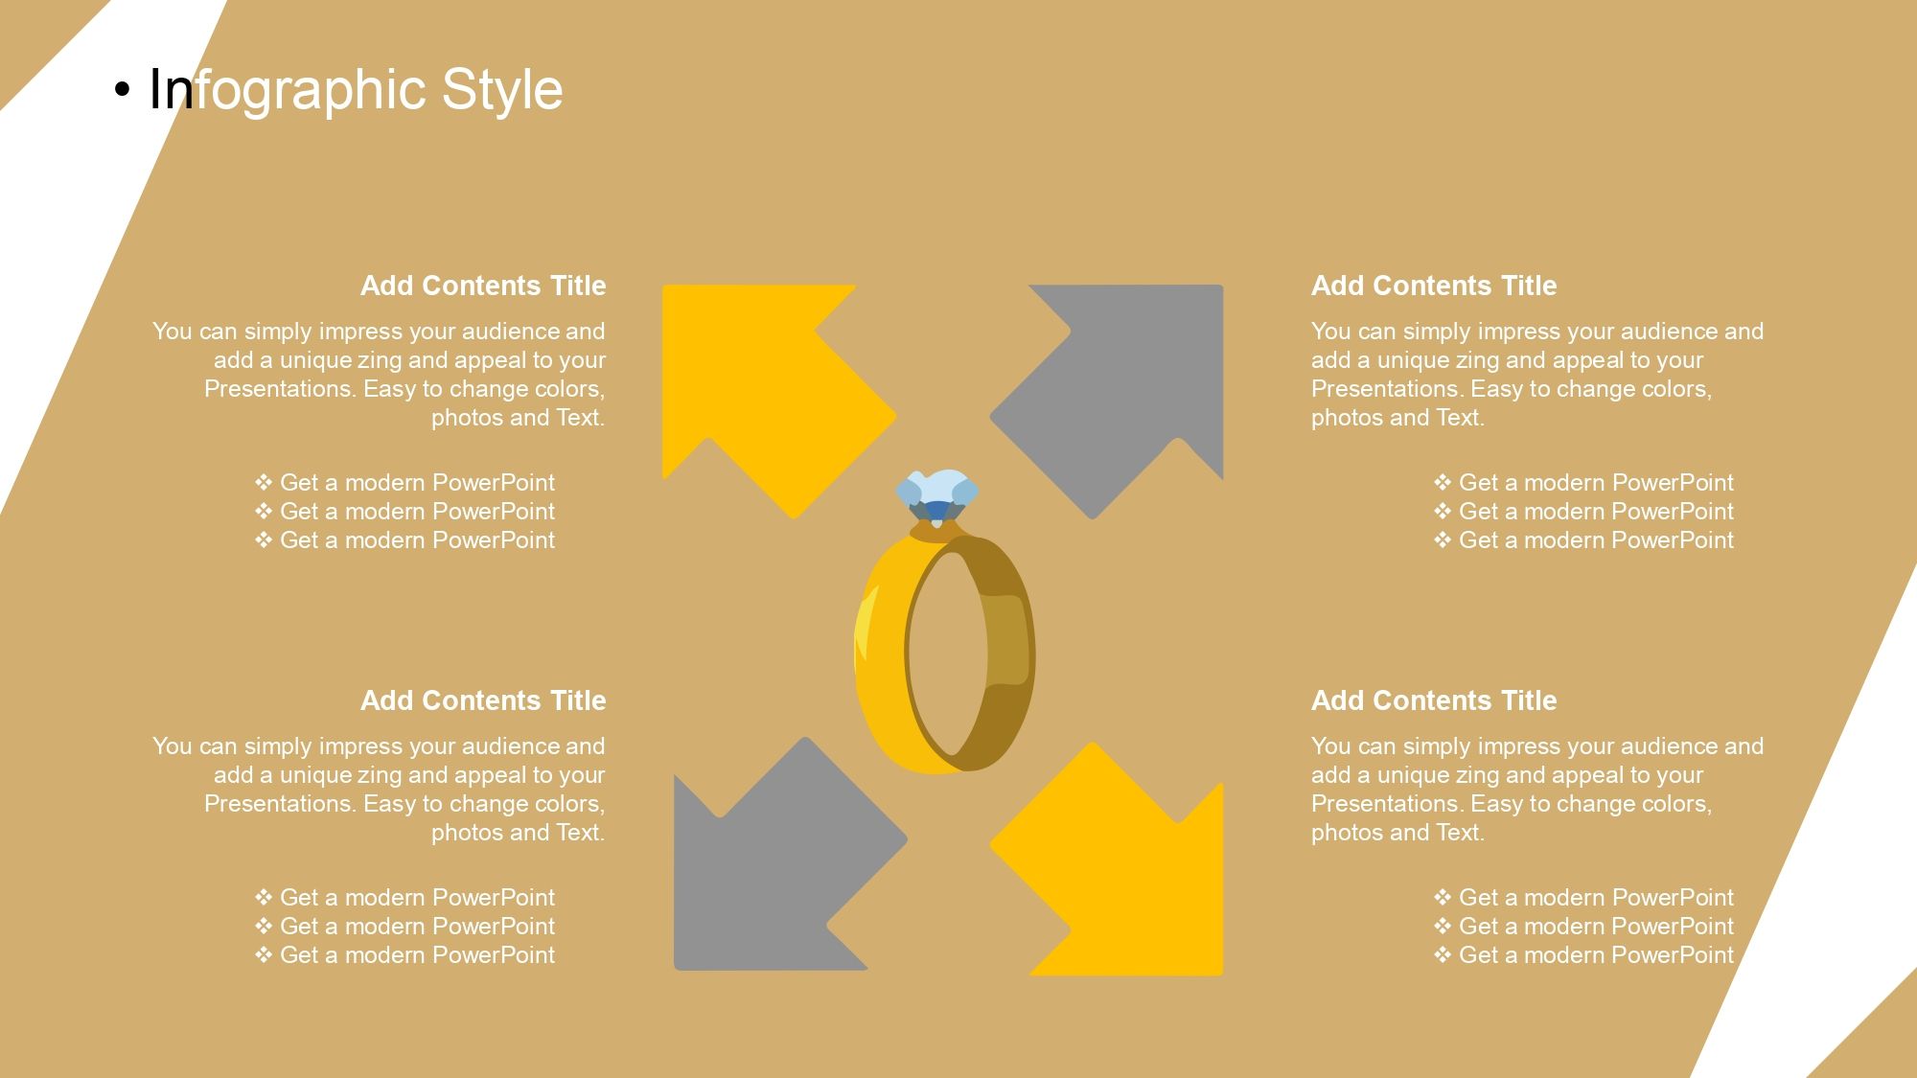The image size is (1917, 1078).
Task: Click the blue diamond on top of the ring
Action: pos(937,495)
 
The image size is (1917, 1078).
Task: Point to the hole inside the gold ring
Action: pos(947,654)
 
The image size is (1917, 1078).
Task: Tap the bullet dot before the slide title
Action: pos(122,90)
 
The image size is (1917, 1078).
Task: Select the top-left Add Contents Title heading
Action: pos(483,286)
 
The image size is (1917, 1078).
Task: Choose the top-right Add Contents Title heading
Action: pos(1434,286)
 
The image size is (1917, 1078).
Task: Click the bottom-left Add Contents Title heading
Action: pos(483,700)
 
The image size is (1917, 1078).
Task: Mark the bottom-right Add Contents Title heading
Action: pos(1434,700)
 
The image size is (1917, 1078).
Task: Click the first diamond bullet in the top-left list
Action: pos(264,482)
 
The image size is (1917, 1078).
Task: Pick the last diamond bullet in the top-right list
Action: pos(1443,539)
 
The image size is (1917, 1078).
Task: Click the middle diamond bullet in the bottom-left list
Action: pos(264,926)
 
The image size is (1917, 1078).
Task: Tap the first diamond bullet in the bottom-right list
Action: pos(1443,897)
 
